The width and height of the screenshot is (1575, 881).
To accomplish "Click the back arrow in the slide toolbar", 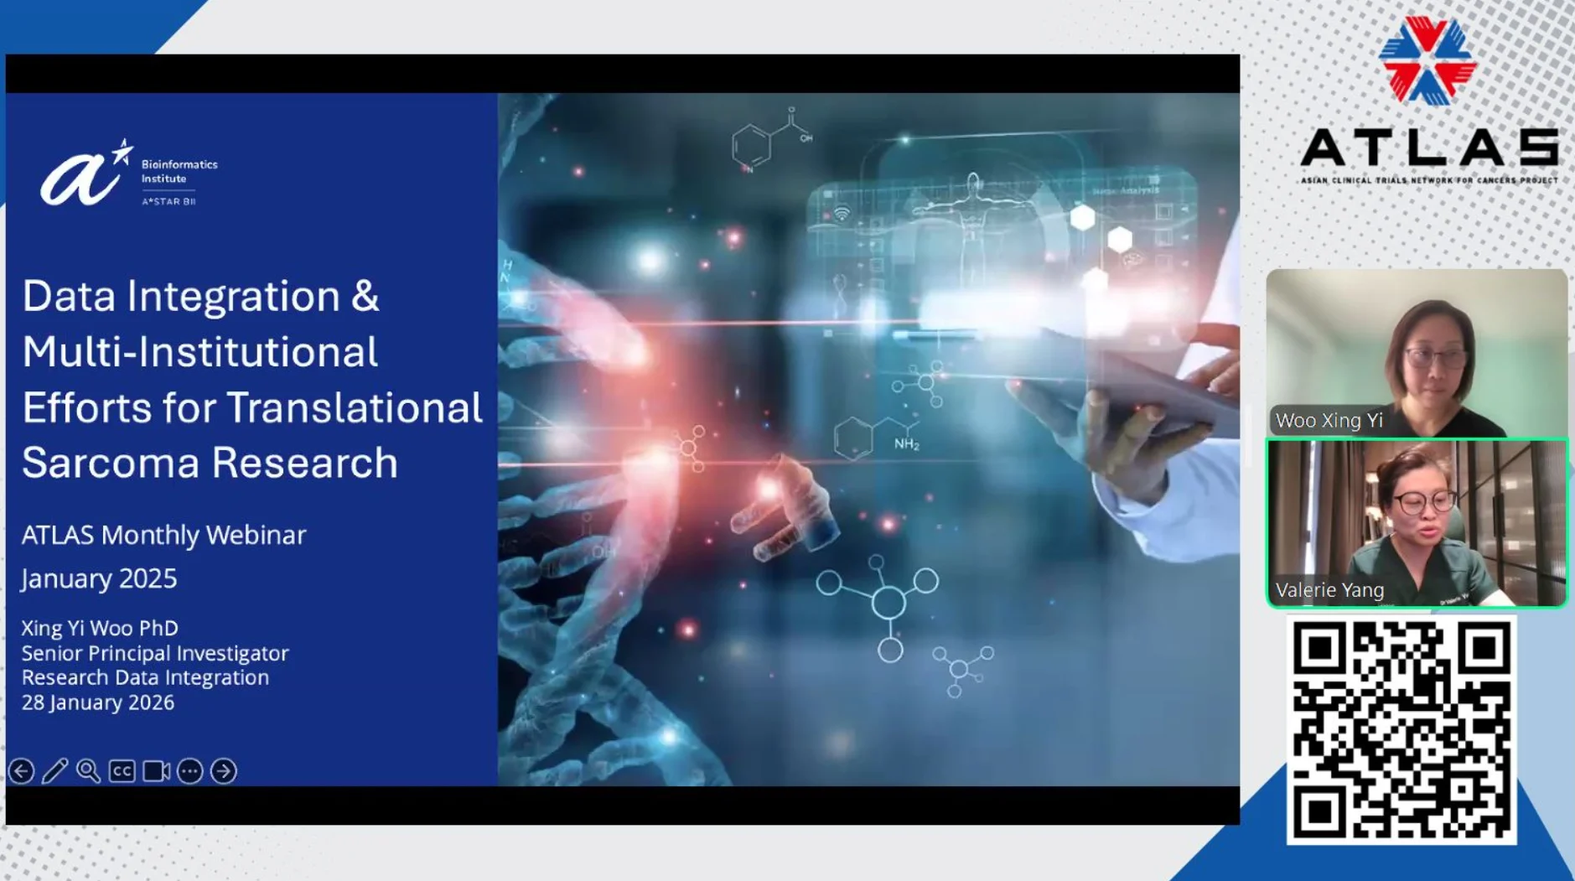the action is click(22, 770).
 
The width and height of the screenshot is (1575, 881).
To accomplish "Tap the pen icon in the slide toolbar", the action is click(55, 770).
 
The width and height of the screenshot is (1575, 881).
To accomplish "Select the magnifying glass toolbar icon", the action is click(88, 770).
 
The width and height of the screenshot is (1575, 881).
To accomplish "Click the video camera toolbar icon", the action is click(157, 770).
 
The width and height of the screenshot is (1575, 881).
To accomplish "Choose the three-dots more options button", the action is click(190, 770).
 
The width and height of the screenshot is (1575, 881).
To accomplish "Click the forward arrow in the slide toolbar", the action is click(224, 770).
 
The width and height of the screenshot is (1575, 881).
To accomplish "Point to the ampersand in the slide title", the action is click(365, 296).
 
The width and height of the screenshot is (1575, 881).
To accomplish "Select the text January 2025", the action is click(99, 578).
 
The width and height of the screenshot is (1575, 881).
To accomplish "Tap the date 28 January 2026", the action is click(98, 702).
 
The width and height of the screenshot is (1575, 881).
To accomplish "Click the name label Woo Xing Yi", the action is click(1329, 421).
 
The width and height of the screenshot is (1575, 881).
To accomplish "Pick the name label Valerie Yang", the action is click(1329, 590).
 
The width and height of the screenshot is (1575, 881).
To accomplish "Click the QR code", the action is click(1401, 730).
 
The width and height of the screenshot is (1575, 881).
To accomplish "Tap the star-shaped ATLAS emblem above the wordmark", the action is click(1427, 60).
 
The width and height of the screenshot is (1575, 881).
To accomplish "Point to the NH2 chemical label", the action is click(907, 443).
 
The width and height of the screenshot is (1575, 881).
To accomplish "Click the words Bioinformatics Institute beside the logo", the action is click(179, 171).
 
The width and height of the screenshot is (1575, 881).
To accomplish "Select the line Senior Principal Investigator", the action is click(155, 653).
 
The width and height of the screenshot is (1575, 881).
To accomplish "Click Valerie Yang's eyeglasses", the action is click(1423, 503).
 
